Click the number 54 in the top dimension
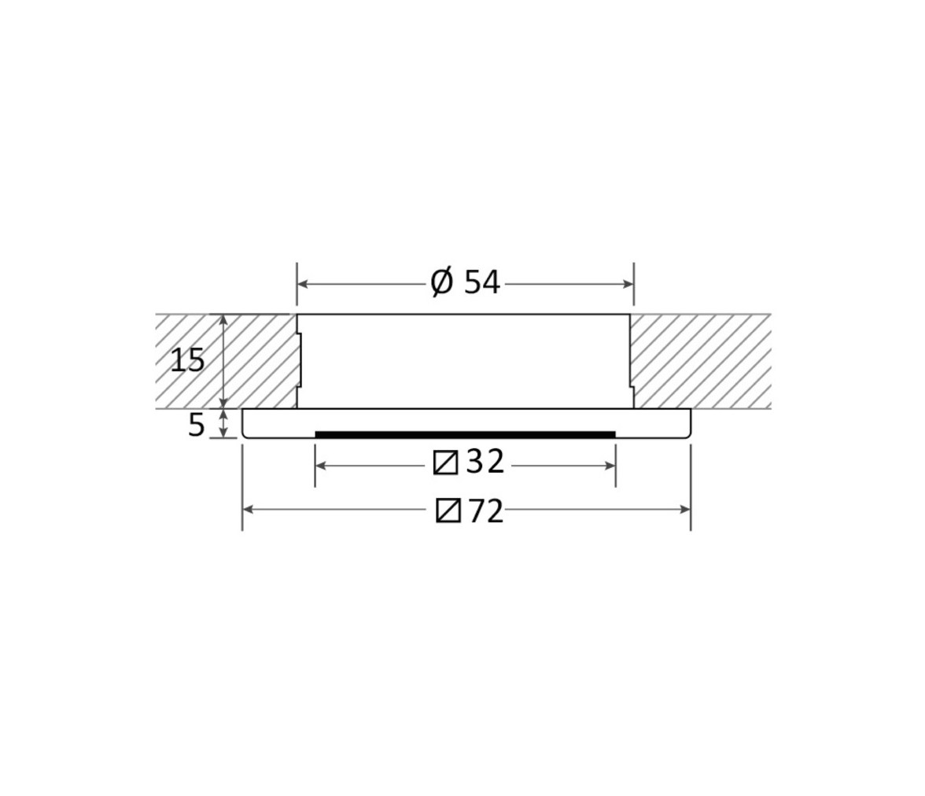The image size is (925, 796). [x=482, y=282]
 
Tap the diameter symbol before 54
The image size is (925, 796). [x=442, y=282]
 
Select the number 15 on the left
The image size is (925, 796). [x=187, y=360]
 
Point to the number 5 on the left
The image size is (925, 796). [x=197, y=425]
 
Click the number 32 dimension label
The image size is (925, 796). [x=485, y=462]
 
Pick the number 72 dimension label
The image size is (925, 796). [x=486, y=511]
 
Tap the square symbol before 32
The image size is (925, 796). [x=445, y=462]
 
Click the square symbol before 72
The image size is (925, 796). [x=448, y=511]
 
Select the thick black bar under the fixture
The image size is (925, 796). [x=466, y=435]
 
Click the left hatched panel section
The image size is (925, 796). [x=226, y=361]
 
